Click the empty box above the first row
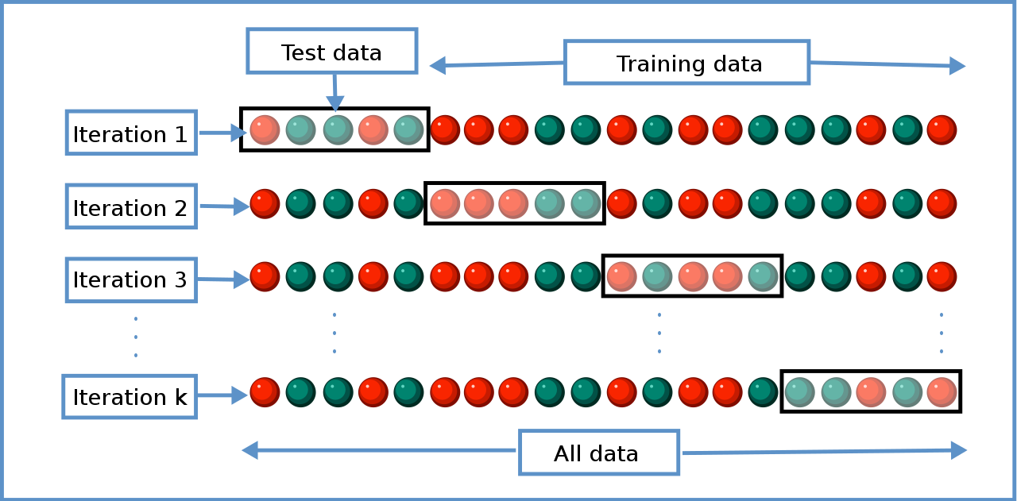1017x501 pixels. point(332,51)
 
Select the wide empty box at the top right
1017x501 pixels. point(686,62)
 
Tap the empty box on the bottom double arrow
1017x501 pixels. point(599,453)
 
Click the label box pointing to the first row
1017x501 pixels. point(131,133)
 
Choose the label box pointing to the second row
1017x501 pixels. point(131,206)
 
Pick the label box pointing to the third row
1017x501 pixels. point(131,279)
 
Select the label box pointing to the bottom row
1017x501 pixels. point(130,396)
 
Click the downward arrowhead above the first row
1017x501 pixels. point(335,103)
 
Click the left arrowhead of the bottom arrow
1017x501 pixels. point(249,450)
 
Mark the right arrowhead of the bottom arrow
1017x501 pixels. point(959,450)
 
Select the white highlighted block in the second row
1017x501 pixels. point(514,203)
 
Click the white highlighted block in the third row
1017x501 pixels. point(692,276)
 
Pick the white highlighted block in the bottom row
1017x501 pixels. point(871,391)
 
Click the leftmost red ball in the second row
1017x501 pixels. point(265,203)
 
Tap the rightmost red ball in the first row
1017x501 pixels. point(942,130)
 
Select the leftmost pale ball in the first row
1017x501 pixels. point(265,130)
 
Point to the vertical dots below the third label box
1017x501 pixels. point(136,337)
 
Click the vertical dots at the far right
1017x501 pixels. point(942,333)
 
